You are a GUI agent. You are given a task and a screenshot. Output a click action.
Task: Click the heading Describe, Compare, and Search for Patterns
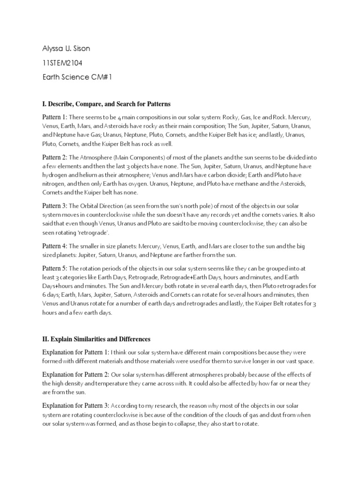coord(110,103)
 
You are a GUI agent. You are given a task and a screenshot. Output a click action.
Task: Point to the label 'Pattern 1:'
coord(55,116)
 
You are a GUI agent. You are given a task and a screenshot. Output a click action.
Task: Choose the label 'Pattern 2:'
coord(55,158)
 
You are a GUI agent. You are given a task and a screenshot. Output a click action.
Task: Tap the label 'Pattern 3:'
coord(55,206)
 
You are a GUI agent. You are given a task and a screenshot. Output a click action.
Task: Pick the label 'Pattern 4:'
coord(55,246)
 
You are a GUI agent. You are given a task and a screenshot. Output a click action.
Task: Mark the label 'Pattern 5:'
coord(55,268)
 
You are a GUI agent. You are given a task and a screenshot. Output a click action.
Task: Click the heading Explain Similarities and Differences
coord(101,338)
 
